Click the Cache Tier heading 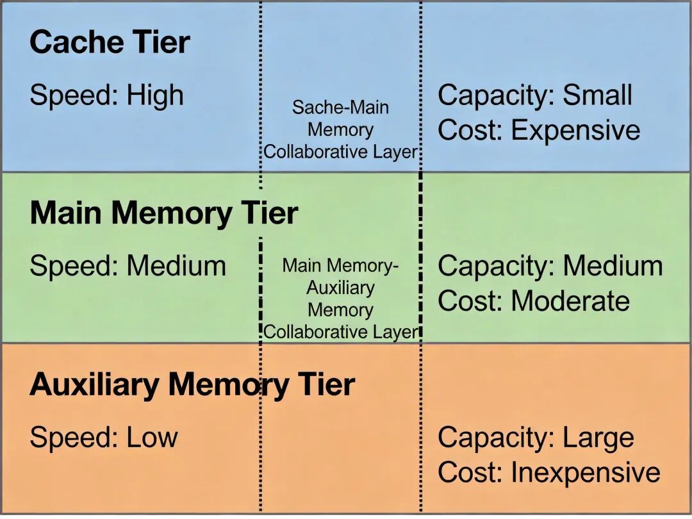(110, 42)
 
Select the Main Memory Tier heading (163, 213)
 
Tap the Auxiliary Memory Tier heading (192, 384)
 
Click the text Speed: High (106, 95)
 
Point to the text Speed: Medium (128, 266)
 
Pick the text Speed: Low (103, 438)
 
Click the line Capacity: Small (534, 95)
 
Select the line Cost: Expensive (538, 130)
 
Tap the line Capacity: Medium (550, 266)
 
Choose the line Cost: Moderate (533, 301)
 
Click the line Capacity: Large (535, 438)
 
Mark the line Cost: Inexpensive (548, 473)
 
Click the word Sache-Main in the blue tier (340, 107)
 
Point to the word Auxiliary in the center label (340, 288)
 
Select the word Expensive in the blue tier (575, 130)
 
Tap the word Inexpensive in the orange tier (585, 473)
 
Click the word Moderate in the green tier (570, 301)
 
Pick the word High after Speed (155, 95)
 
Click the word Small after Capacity (597, 95)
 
